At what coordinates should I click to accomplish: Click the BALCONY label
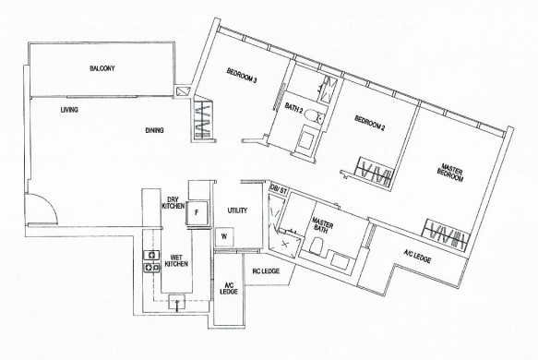(x=102, y=68)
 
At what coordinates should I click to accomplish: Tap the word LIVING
(x=69, y=110)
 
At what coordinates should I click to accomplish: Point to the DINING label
(x=154, y=130)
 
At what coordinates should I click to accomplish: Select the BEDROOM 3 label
(x=242, y=76)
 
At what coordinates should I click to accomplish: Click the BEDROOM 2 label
(x=370, y=123)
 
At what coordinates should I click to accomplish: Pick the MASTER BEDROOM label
(x=451, y=173)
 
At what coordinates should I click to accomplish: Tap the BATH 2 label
(x=293, y=108)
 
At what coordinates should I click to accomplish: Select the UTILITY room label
(x=237, y=210)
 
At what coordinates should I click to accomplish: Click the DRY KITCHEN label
(x=173, y=202)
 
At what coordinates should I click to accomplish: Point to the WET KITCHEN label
(x=176, y=260)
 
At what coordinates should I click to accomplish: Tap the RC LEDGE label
(x=266, y=271)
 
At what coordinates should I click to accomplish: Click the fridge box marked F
(x=197, y=213)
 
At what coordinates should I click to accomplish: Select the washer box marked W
(x=224, y=236)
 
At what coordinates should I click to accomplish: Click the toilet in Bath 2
(x=313, y=115)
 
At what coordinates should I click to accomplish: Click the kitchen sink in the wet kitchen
(x=176, y=302)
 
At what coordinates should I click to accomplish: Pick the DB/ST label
(x=279, y=189)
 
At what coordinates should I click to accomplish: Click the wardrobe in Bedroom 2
(x=375, y=172)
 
